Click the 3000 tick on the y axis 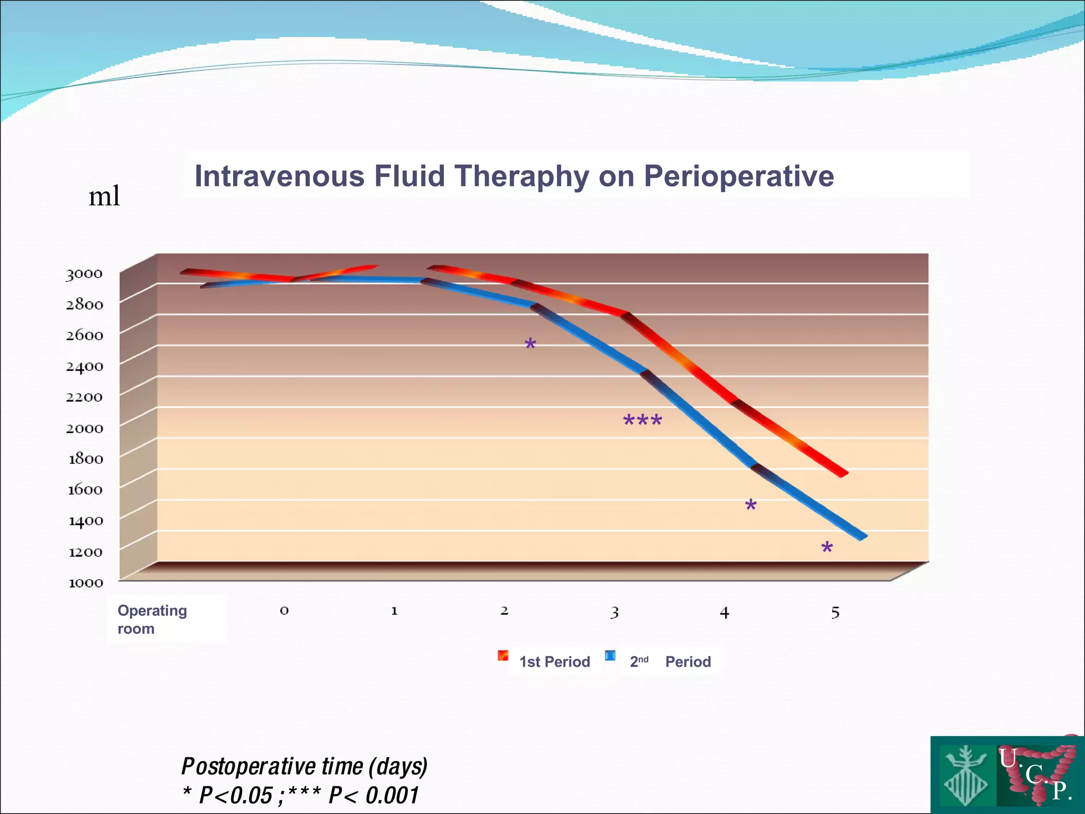click(84, 274)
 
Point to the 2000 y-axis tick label click(84, 428)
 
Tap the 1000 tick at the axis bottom click(85, 583)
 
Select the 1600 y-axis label click(85, 490)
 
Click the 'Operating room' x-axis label click(152, 620)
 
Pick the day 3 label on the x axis click(614, 613)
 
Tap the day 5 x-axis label click(835, 613)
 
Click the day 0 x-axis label click(284, 610)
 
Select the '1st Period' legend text click(554, 662)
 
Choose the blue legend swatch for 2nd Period click(610, 656)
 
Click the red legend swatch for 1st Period click(503, 656)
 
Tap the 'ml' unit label click(104, 196)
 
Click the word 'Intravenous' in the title click(279, 176)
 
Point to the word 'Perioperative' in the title click(739, 176)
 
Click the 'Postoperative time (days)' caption click(304, 766)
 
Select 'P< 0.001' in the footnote click(373, 795)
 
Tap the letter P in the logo click(1060, 791)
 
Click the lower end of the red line click(843, 473)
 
